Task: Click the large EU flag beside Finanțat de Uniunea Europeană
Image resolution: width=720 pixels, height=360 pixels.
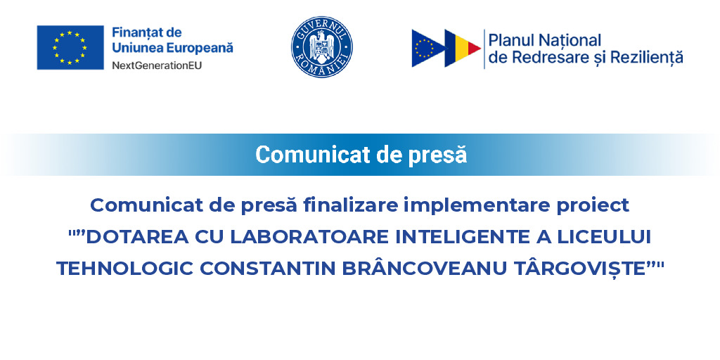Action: coord(70,47)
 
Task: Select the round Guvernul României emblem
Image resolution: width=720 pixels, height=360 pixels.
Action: coord(321,47)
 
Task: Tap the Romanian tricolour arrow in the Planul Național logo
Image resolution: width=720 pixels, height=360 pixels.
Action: coord(463,48)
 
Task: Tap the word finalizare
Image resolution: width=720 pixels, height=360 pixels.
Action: coord(349,205)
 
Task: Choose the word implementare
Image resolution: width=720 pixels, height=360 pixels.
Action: coord(472,205)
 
